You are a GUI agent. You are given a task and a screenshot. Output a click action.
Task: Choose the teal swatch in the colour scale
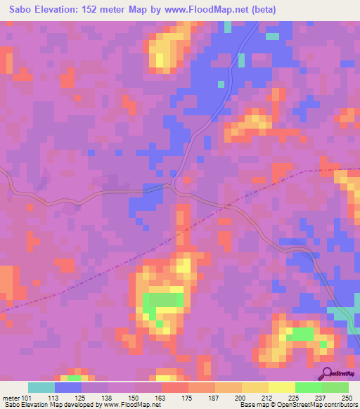[41, 387]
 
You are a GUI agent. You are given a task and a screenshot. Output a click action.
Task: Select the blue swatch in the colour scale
[68, 387]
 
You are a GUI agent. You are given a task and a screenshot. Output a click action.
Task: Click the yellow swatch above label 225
[281, 387]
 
